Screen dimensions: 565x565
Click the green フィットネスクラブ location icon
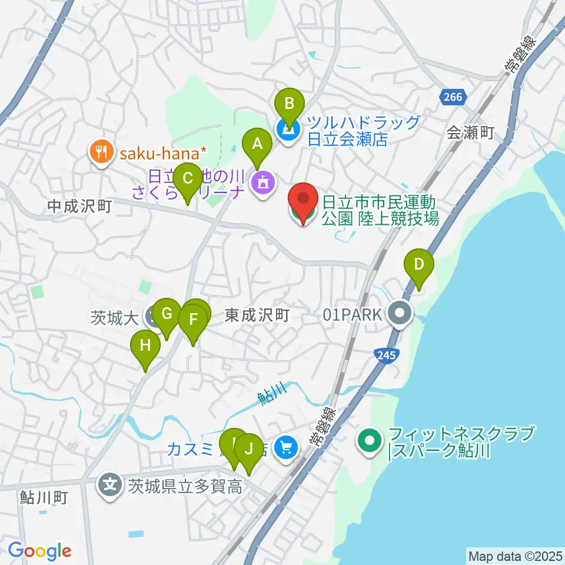click(x=370, y=440)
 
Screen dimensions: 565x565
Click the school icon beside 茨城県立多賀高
click(x=110, y=486)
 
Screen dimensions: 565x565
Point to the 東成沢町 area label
click(x=257, y=316)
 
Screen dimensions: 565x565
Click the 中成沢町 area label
click(x=80, y=206)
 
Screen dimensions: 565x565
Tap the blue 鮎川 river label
click(x=272, y=393)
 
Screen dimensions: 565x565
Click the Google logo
click(x=39, y=551)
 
